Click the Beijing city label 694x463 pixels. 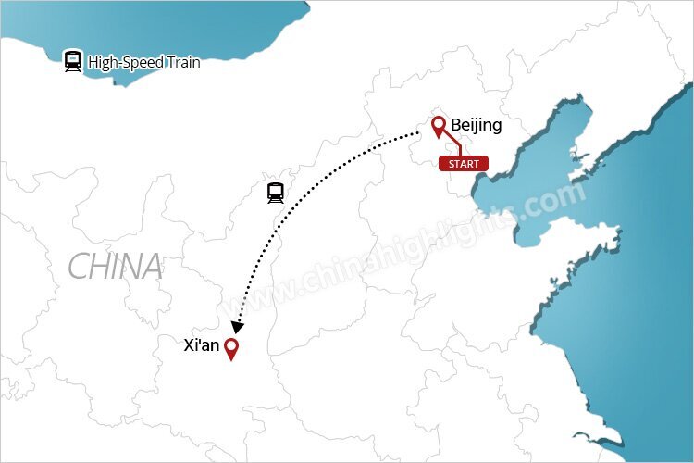click(x=476, y=125)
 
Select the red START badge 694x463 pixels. click(x=463, y=164)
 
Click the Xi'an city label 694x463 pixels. click(x=202, y=345)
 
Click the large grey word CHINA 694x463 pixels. click(x=115, y=268)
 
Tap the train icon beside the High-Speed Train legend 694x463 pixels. click(x=73, y=61)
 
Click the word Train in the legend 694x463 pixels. click(x=181, y=63)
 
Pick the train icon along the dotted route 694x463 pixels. click(x=275, y=193)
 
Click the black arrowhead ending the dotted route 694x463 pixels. click(x=238, y=327)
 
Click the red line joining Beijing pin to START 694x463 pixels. click(x=453, y=147)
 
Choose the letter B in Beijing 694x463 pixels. click(x=456, y=125)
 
